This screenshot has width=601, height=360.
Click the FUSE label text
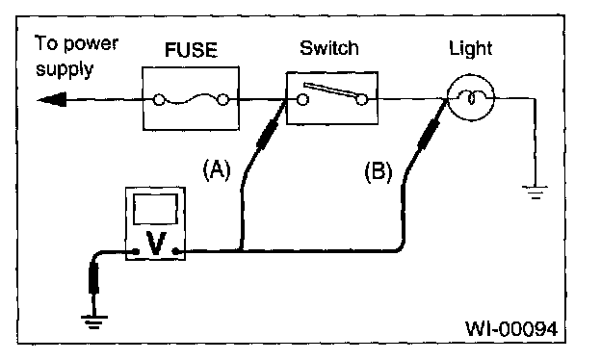point(191,50)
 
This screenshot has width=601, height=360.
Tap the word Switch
point(329,48)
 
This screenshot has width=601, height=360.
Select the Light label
point(471,49)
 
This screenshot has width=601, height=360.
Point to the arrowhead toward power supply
point(52,100)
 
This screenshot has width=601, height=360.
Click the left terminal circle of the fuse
point(159,100)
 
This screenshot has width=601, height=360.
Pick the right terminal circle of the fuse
point(222,100)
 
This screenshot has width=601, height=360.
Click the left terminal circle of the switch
point(302,100)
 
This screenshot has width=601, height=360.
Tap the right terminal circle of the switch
point(362,100)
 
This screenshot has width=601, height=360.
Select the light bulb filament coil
point(471,97)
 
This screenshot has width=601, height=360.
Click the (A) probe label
point(217,169)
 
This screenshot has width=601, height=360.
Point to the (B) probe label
point(378,171)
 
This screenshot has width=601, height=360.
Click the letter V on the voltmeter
point(156,244)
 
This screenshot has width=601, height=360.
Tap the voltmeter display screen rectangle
point(155,209)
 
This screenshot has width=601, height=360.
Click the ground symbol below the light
point(536,193)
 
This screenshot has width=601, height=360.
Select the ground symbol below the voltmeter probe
point(94,322)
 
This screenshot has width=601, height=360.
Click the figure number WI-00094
point(511,328)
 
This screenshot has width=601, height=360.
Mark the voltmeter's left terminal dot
point(135,251)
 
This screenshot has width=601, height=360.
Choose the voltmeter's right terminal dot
point(176,251)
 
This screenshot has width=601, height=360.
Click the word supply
point(65,70)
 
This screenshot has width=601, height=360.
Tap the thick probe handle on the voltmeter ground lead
point(93,277)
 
